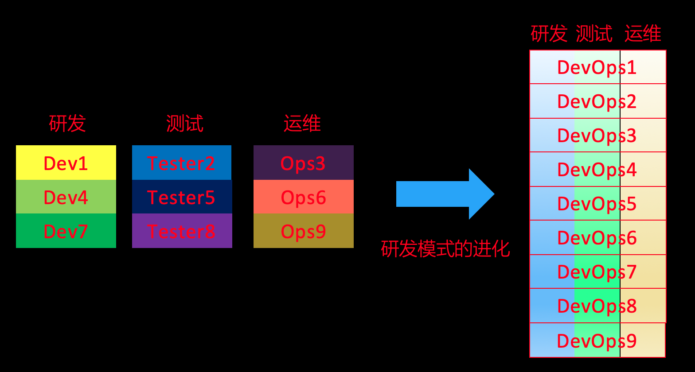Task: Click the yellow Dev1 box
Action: point(66,163)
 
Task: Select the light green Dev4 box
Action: point(66,197)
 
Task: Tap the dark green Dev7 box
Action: point(66,231)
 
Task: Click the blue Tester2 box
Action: point(181,163)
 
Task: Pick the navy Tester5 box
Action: point(181,197)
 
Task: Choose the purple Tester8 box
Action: point(181,231)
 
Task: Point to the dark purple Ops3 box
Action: point(303,163)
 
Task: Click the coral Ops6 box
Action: point(303,197)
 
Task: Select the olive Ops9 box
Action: point(303,231)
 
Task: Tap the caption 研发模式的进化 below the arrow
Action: point(445,249)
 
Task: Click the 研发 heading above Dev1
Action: point(67,123)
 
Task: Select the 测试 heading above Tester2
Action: point(184,123)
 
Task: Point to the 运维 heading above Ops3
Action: point(302,123)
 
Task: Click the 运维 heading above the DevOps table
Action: point(643,34)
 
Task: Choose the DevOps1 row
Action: point(597,67)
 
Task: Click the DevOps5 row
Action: point(597,204)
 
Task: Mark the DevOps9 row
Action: point(597,341)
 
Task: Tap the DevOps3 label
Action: point(597,136)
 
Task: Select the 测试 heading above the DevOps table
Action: point(594,34)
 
